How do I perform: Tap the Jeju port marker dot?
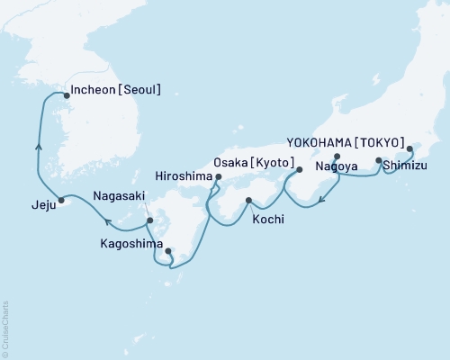[x=61, y=200]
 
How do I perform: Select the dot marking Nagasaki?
[x=150, y=220]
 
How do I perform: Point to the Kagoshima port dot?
[x=168, y=251]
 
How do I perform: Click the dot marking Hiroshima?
[x=218, y=178]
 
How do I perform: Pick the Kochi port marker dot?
[x=247, y=201]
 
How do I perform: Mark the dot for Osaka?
[x=300, y=169]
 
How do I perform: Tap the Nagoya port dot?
[x=337, y=157]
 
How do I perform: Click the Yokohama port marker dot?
[x=409, y=149]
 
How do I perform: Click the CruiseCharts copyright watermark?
[x=5, y=329]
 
